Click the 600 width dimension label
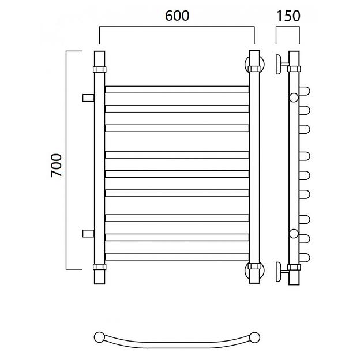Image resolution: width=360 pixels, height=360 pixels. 177,16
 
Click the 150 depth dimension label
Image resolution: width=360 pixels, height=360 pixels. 288,16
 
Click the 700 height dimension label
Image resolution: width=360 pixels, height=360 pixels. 57,166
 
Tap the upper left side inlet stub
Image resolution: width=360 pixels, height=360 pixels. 88,97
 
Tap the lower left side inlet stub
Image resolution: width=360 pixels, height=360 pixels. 88,233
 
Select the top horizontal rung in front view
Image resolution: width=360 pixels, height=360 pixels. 177,89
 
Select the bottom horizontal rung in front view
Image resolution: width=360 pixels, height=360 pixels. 177,257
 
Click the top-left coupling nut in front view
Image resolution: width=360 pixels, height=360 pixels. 99,69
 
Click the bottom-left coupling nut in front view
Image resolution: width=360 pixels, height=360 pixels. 99,267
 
